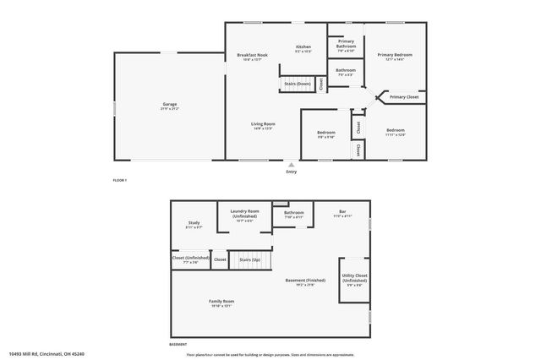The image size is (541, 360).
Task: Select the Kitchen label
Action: tap(303, 48)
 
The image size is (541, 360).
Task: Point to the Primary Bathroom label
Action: tap(346, 44)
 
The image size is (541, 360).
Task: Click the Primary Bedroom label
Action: tap(395, 57)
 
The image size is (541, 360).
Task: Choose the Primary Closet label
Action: tap(404, 97)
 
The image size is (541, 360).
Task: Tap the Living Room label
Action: tap(263, 125)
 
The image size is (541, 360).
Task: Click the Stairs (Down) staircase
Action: tap(298, 85)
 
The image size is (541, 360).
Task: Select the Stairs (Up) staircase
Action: tap(250, 260)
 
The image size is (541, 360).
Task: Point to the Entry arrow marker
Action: tap(292, 164)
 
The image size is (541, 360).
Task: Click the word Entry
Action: tap(292, 172)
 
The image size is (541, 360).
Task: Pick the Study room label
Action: tap(194, 225)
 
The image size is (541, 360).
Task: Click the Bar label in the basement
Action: tap(342, 213)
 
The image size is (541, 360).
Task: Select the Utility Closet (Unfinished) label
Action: tap(354, 279)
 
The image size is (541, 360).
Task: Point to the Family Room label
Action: tap(221, 303)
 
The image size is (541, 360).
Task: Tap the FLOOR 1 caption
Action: tap(121, 180)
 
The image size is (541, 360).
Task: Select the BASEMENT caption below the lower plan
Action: tap(178, 345)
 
